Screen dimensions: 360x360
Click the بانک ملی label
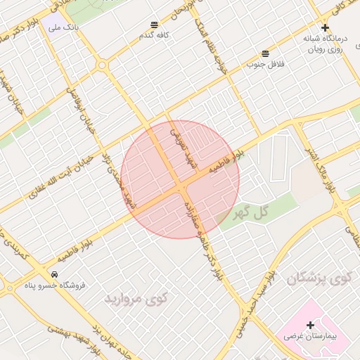[x=62, y=27]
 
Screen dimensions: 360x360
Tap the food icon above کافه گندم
[x=155, y=25]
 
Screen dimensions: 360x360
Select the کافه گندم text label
[x=155, y=36]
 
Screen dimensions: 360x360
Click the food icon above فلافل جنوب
[x=265, y=53]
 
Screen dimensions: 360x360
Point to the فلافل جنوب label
[x=264, y=65]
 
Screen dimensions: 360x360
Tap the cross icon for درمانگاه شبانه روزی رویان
[x=325, y=27]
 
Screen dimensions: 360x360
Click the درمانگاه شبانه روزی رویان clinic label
[x=324, y=44]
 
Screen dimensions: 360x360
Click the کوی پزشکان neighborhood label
[x=319, y=278]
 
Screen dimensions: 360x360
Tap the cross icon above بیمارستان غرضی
[x=310, y=324]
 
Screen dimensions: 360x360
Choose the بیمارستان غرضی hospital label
[x=310, y=337]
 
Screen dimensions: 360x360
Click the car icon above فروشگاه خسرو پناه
[x=55, y=274]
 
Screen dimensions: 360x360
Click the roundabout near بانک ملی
[x=103, y=65]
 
